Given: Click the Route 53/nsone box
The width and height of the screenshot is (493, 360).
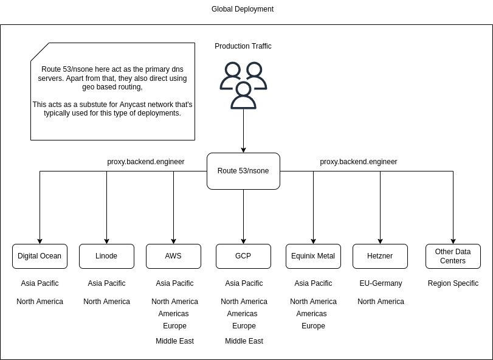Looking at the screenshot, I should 243,171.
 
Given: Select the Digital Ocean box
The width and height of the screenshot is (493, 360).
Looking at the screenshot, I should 40,256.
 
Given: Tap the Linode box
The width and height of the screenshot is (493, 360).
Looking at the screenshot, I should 106,256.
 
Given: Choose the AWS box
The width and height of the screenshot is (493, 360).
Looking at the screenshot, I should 173,256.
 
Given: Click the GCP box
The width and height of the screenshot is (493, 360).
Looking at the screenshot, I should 243,256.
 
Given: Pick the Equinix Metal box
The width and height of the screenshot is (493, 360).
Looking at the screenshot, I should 313,256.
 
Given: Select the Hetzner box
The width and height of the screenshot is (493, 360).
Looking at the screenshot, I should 380,256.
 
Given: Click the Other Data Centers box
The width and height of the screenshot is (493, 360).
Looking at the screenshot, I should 453,256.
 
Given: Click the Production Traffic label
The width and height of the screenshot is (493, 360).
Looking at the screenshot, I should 243,46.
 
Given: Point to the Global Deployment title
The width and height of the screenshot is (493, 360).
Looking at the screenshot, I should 243,9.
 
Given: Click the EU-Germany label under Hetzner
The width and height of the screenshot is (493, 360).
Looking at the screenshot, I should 381,283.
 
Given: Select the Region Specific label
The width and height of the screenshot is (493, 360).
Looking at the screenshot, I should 453,283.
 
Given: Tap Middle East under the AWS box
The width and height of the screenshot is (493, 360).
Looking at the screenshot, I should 174,341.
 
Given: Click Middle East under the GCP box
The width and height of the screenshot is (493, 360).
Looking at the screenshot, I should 244,341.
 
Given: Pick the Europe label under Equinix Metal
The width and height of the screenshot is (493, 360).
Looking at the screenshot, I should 313,326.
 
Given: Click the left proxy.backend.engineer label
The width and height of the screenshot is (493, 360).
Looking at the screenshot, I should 146,162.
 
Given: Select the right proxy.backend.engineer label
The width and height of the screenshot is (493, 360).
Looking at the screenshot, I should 359,162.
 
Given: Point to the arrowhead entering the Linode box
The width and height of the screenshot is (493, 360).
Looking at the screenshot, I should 107,241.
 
